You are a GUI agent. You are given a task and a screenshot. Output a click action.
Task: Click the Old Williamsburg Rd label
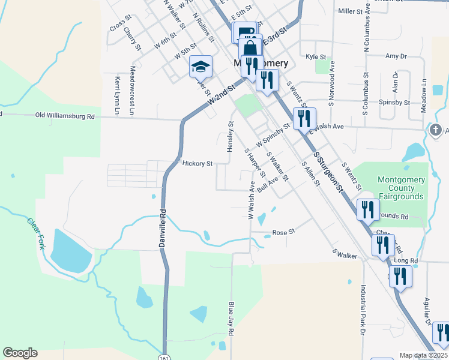[65, 115]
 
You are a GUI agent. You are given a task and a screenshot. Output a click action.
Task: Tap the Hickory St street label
[197, 163]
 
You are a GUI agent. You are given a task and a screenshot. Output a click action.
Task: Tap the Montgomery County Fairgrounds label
[401, 188]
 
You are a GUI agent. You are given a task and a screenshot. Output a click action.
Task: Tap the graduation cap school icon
[201, 67]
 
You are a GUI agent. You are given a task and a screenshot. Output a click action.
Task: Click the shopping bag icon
[250, 47]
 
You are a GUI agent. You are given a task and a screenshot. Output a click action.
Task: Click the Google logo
[20, 353]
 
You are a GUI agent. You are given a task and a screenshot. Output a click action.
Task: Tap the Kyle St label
[315, 56]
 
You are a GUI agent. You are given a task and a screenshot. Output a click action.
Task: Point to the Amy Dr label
[396, 56]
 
